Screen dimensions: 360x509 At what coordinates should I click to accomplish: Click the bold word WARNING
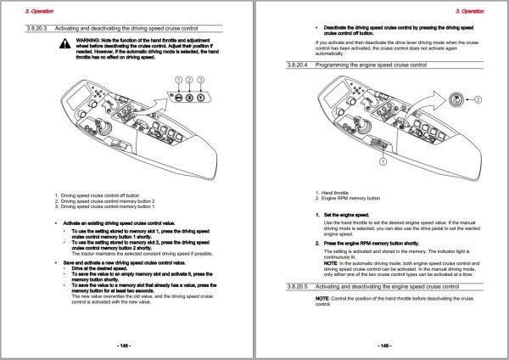(88, 39)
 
